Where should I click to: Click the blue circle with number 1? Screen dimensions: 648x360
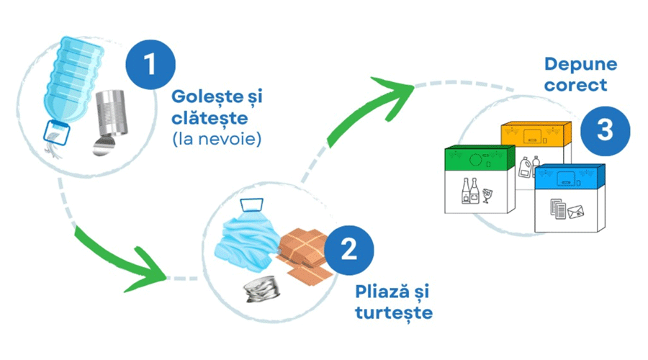tap(150, 65)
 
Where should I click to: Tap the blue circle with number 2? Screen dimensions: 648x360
tap(349, 250)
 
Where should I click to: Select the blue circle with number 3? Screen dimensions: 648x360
tap(605, 130)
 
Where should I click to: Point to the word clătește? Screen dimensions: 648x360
tap(210, 118)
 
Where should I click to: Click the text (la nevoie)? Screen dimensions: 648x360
tap(217, 139)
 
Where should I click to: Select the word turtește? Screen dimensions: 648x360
tap(394, 312)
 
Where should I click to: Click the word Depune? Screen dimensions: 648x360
tap(580, 64)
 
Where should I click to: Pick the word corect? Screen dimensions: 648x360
tap(576, 85)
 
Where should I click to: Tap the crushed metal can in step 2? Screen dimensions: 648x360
tap(262, 289)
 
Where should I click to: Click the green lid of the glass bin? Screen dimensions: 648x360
tap(480, 158)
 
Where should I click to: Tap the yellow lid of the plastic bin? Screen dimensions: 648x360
tap(536, 133)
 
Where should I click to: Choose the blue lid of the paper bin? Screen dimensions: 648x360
tap(570, 176)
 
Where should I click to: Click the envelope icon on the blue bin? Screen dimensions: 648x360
tap(576, 212)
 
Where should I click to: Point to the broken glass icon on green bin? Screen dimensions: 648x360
tap(487, 196)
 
